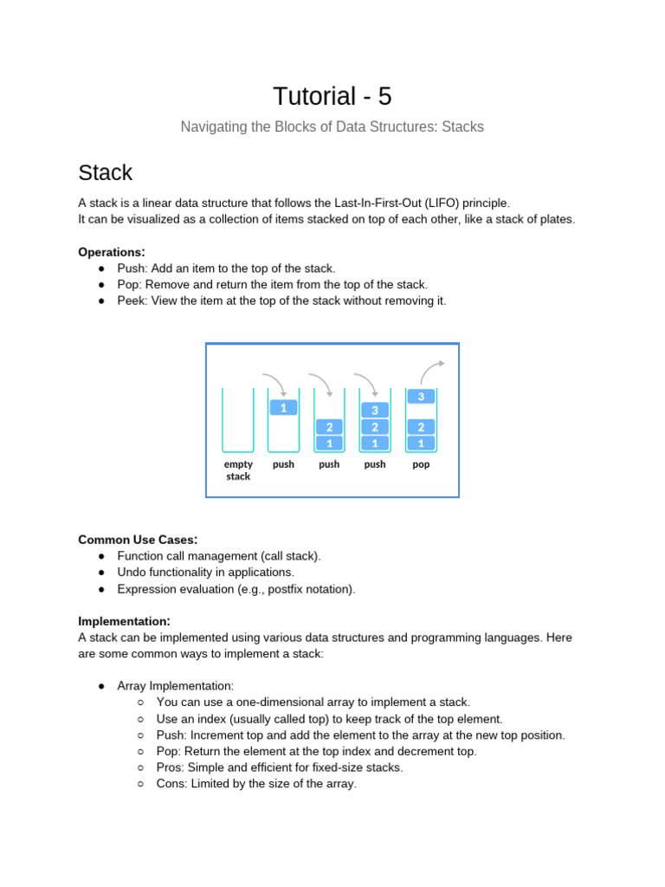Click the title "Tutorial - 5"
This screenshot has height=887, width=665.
332,96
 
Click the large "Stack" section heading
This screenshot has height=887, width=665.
105,172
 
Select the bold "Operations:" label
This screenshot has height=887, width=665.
112,252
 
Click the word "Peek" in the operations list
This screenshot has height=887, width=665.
132,301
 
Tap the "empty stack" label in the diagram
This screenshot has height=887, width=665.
238,470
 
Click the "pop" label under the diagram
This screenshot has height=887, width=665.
421,464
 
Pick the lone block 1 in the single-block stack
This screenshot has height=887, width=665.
283,407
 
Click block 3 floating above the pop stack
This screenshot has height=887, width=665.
421,397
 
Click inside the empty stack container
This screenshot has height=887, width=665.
238,420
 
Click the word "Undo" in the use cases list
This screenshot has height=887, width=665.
132,573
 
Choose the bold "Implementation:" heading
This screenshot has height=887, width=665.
124,621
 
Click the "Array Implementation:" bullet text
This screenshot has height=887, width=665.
176,686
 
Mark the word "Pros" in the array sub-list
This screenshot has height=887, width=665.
169,767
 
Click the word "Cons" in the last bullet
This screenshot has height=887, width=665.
170,784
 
